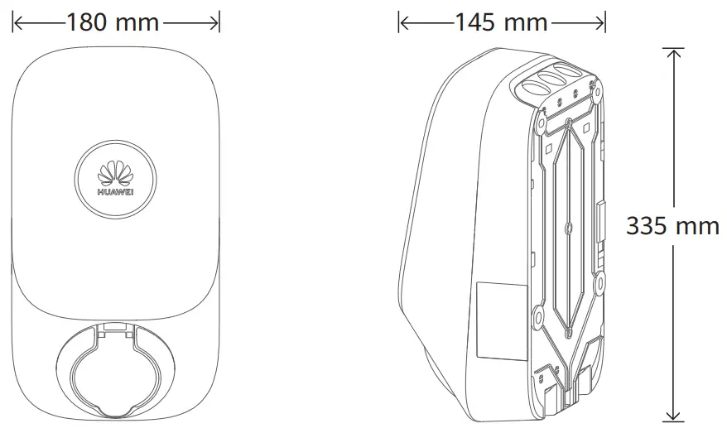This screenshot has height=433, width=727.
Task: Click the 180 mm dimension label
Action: pyautogui.click(x=113, y=22)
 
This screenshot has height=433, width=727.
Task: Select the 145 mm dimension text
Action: pyautogui.click(x=501, y=22)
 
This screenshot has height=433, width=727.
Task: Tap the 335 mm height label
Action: pyautogui.click(x=672, y=225)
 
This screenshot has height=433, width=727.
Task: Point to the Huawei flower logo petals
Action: pyautogui.click(x=116, y=173)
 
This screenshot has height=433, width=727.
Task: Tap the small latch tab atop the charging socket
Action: pyautogui.click(x=115, y=330)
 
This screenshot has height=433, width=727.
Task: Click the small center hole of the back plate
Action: pyautogui.click(x=569, y=226)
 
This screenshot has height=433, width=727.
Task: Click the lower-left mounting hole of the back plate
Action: pyautogui.click(x=537, y=315)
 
